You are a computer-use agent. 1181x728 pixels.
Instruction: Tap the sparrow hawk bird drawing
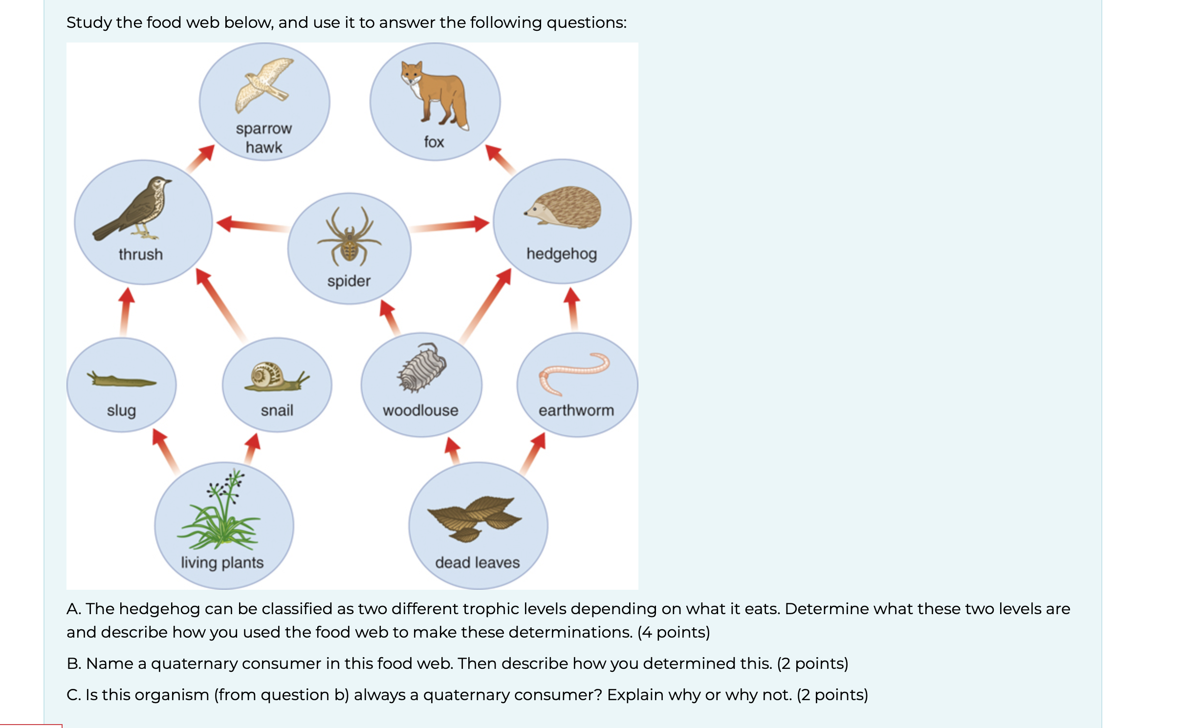(x=264, y=86)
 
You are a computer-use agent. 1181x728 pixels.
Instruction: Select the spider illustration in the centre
(x=349, y=236)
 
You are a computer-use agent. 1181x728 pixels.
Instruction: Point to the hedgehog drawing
(x=563, y=207)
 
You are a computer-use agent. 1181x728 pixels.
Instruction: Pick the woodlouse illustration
(x=421, y=368)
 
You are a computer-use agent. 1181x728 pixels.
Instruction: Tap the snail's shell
(x=267, y=375)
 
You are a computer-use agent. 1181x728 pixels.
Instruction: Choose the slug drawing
(x=121, y=380)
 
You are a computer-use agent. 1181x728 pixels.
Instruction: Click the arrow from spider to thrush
(x=252, y=225)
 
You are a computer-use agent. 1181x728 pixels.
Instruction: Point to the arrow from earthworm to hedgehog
(x=572, y=309)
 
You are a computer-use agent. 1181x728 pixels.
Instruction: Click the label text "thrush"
(x=141, y=255)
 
